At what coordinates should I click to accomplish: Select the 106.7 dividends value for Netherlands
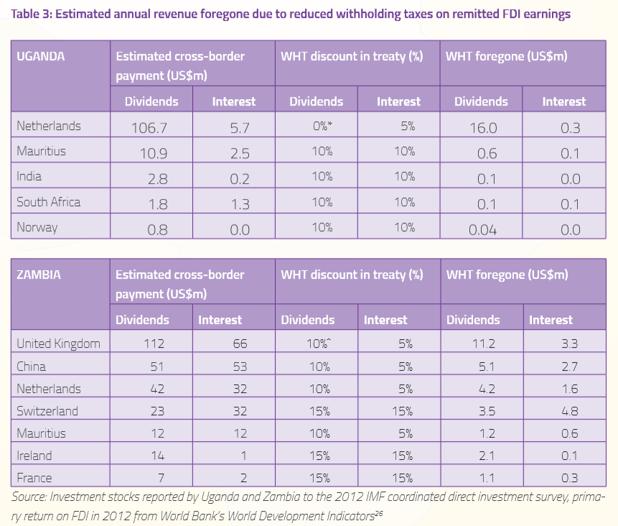click(x=149, y=128)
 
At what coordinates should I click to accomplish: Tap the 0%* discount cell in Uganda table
click(x=322, y=126)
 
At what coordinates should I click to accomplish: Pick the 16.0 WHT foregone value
click(x=483, y=128)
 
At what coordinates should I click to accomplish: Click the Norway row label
click(x=37, y=227)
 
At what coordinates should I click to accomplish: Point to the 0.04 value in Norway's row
click(x=482, y=230)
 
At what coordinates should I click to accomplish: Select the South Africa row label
click(x=49, y=202)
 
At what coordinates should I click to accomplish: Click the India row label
click(x=29, y=176)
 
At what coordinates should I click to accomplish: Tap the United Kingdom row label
click(x=58, y=343)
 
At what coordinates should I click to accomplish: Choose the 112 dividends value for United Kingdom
click(x=154, y=343)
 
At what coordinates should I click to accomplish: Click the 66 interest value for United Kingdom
click(x=240, y=343)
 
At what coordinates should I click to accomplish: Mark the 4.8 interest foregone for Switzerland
click(x=570, y=411)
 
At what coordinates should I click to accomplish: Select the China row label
click(x=31, y=366)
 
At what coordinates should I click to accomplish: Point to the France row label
click(x=34, y=478)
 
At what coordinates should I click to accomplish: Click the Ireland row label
click(x=34, y=456)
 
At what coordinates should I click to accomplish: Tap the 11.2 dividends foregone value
click(x=484, y=343)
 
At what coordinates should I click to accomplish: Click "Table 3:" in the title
click(x=32, y=14)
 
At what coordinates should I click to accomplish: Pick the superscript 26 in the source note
click(x=379, y=513)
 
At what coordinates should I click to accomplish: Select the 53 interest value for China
click(x=240, y=366)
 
